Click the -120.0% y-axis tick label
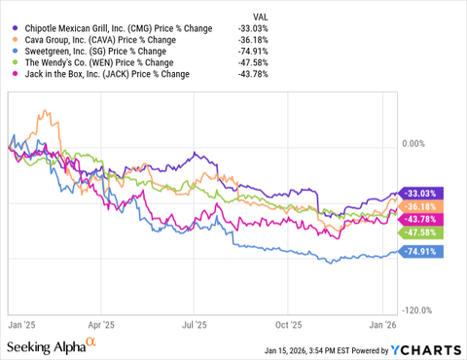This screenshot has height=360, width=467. point(416,310)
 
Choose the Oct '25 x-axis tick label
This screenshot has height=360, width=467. point(289,326)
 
